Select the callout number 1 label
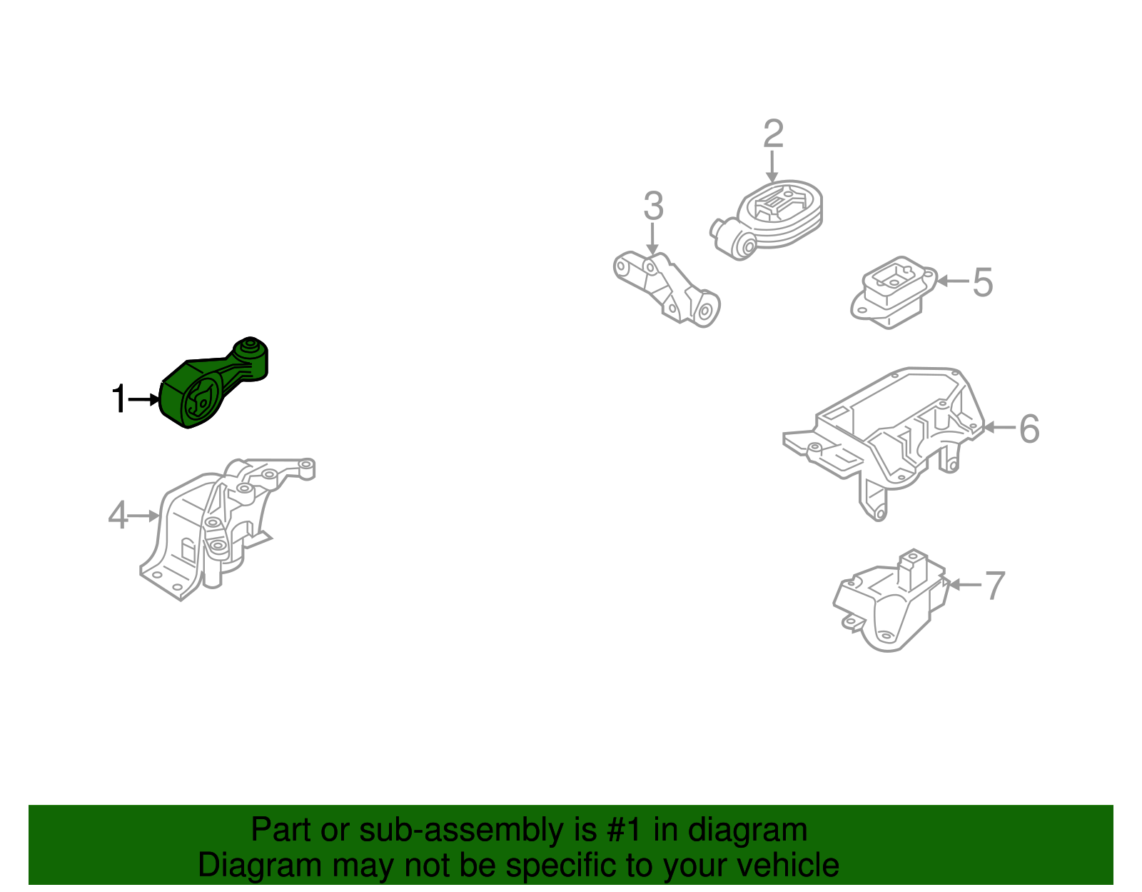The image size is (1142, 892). point(119,399)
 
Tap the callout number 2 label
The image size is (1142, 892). point(773,134)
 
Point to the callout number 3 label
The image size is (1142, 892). point(653,206)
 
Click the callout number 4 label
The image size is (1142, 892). point(118,515)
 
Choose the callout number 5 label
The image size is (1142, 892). point(983,282)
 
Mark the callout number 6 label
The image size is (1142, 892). point(1029,429)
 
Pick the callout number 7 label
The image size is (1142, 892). point(994,586)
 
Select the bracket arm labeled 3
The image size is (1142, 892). point(667,289)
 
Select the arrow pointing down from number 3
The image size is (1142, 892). point(652,239)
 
